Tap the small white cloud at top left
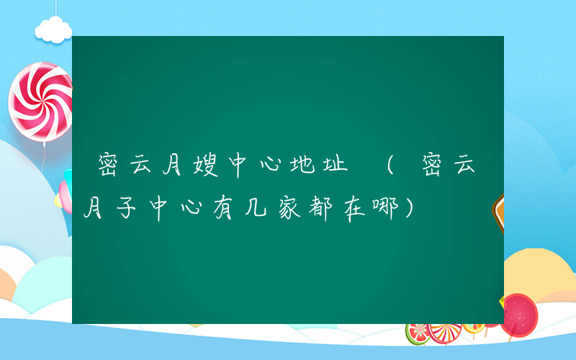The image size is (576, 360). pyautogui.click(x=54, y=30)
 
